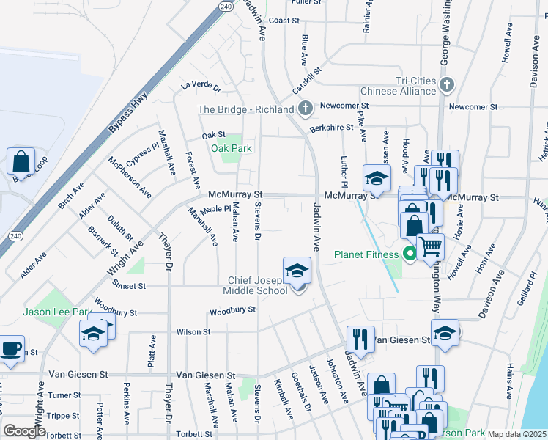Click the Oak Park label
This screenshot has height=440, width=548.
(232, 148)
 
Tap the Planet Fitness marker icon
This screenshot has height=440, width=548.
(411, 254)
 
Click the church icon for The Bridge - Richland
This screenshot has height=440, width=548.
(306, 109)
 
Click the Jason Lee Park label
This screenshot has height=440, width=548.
(56, 312)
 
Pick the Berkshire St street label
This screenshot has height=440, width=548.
(331, 128)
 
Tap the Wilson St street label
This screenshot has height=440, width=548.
(193, 331)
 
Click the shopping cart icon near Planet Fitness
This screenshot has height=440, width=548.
(430, 245)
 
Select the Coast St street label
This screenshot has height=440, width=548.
(280, 21)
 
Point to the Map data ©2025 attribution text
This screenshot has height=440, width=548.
(517, 434)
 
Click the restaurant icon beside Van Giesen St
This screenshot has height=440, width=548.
(358, 337)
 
